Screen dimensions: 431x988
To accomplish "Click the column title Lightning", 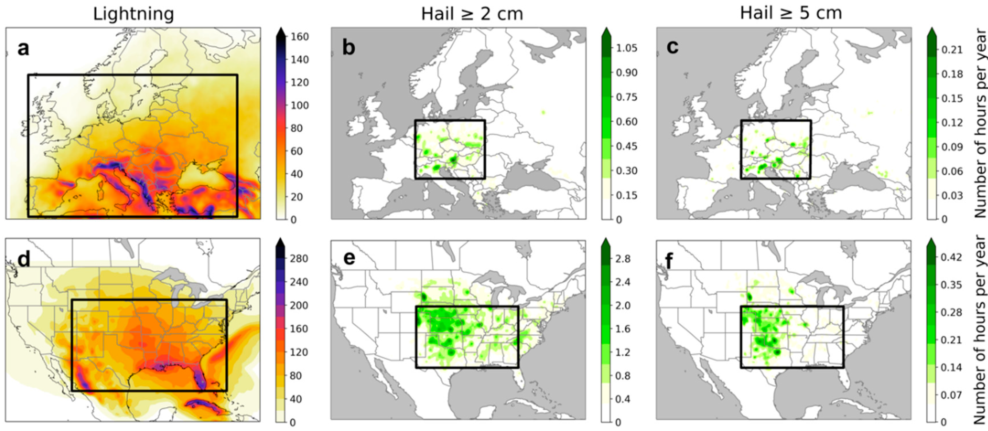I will [x=133, y=14].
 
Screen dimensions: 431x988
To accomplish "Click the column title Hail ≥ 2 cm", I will [x=472, y=14].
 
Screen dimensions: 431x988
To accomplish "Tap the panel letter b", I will [x=348, y=48].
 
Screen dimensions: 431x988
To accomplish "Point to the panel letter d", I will [x=24, y=259].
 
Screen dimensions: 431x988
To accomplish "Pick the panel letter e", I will [x=349, y=258].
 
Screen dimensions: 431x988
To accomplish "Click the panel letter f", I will [x=669, y=261].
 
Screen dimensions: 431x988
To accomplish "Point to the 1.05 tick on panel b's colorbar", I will [x=626, y=48].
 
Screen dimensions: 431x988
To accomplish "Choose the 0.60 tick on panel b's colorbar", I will [x=626, y=122].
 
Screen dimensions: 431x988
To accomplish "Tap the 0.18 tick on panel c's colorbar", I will [x=952, y=74].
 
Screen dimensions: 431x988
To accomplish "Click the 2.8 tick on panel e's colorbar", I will [x=623, y=259].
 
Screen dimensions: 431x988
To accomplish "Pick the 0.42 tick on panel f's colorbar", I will [x=951, y=257].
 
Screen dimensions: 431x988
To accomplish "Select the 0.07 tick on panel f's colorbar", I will [x=951, y=395].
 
